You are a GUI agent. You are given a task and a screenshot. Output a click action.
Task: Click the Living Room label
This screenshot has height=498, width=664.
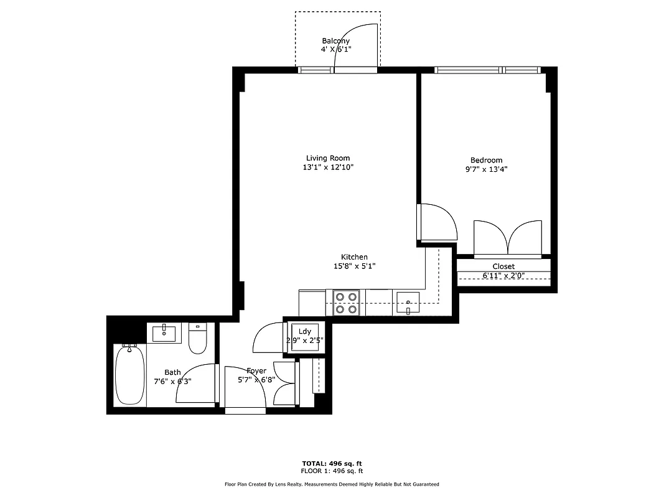327,158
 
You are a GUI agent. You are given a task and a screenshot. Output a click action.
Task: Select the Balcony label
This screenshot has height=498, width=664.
335,41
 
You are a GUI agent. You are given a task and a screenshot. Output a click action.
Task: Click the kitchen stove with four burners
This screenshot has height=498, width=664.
347,303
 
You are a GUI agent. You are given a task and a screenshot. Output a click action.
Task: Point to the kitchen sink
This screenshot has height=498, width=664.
408,303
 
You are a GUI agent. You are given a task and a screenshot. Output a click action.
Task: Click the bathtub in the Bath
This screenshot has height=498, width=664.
130,375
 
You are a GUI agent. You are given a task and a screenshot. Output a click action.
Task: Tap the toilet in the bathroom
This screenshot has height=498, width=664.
198,339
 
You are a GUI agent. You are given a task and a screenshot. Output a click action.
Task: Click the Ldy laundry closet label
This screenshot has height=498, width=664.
305,331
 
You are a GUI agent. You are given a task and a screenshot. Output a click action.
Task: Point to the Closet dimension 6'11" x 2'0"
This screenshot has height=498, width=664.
503,276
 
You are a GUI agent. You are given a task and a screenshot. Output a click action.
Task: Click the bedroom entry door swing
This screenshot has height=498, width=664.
438,222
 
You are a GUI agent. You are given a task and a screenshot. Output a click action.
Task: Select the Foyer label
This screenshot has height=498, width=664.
256,371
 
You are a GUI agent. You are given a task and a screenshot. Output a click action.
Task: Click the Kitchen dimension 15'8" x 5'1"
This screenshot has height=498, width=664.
354,266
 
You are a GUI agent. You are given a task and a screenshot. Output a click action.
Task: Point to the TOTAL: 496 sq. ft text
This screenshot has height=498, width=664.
332,463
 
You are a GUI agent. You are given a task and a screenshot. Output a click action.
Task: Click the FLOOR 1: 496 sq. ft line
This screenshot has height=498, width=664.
332,471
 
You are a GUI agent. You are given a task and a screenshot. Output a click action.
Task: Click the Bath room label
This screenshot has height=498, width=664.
172,372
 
